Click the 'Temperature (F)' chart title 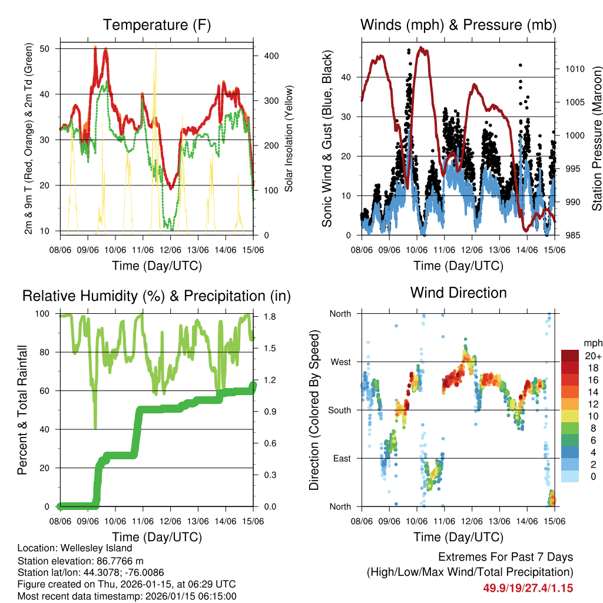(157, 25)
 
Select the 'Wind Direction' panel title (458, 292)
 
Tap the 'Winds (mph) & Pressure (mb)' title (458, 25)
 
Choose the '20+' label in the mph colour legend (592, 356)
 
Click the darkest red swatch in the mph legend (569, 356)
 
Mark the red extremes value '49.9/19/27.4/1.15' (528, 588)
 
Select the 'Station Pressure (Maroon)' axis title (597, 138)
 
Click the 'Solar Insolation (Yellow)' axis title (289, 138)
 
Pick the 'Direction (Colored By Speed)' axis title (314, 410)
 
